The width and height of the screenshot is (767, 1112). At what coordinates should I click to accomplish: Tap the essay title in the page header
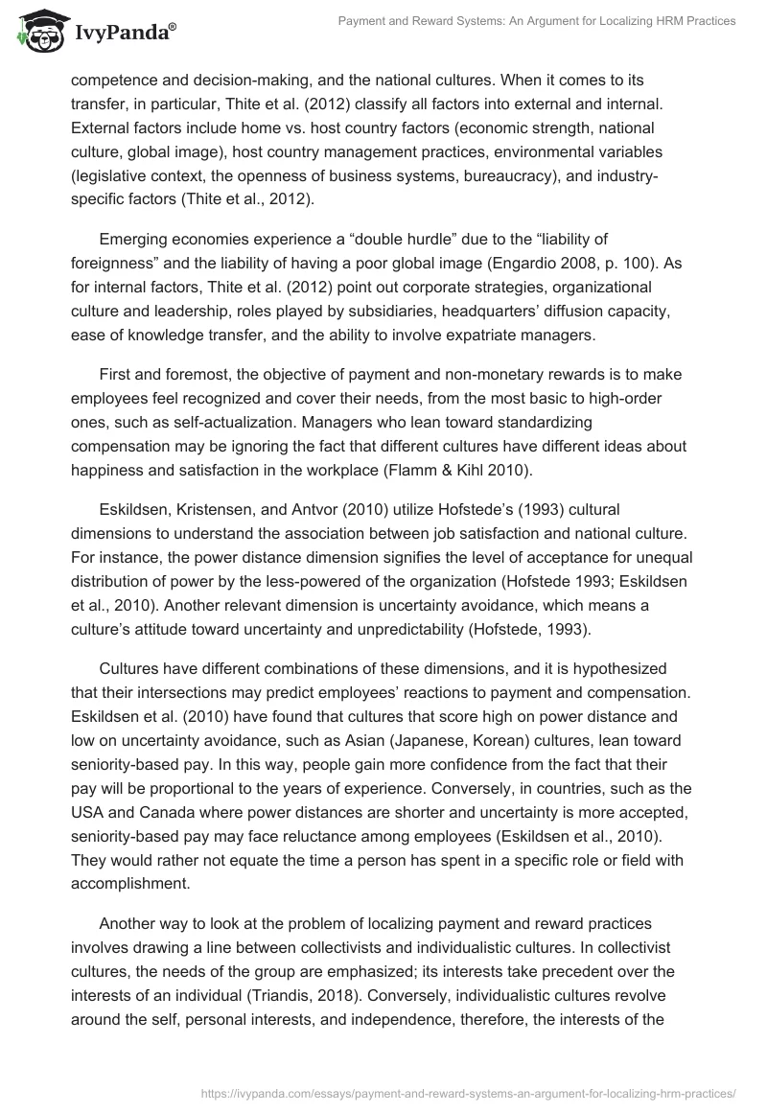pos(538,21)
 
